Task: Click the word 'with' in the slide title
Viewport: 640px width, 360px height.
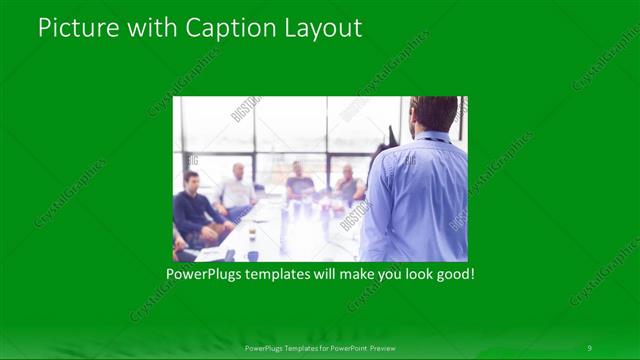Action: [x=151, y=27]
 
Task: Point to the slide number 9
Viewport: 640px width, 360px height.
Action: [x=589, y=347]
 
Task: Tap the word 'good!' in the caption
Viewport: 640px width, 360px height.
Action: [x=453, y=272]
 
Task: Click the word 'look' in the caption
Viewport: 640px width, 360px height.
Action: [x=414, y=272]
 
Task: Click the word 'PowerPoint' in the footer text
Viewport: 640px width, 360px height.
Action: [x=343, y=347]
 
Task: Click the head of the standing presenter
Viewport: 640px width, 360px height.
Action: [x=434, y=114]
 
